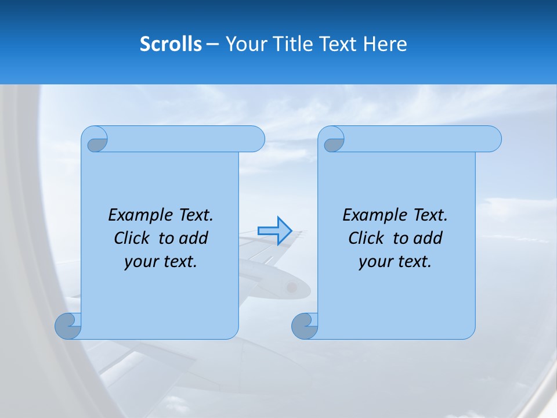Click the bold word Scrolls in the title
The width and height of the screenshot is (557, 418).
171,44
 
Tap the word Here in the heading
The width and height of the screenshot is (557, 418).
385,44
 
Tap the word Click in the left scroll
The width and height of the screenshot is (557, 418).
133,238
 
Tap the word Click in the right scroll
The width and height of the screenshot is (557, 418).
367,238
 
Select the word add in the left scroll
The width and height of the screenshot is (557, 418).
194,238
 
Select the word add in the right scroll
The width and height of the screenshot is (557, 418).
428,238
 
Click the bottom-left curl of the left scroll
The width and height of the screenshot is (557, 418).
68,326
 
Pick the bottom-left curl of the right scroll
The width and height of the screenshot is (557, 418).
305,326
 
